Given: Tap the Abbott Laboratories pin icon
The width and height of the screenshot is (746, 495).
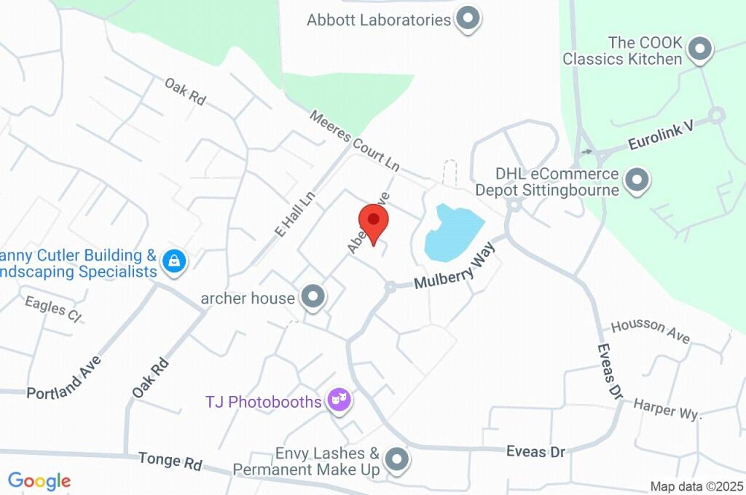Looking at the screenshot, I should coord(468,19).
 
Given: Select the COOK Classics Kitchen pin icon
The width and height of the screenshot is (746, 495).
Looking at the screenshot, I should coord(699,49).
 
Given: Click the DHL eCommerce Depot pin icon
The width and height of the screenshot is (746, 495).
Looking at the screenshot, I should coord(637,181).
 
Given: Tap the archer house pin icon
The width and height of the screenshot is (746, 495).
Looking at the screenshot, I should coord(314,296).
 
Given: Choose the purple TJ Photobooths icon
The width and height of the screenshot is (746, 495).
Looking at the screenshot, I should coord(339,400).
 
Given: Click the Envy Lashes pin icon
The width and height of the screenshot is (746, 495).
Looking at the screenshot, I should coord(396,459).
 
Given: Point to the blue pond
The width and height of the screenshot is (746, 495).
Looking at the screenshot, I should coord(452,231).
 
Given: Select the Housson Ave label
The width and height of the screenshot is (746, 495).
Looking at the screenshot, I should coord(651,330).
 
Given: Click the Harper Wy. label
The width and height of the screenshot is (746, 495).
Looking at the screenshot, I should coord(667,409).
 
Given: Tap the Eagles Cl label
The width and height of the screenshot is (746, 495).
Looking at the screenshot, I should coord(52,309).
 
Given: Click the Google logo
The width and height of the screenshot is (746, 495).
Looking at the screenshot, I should coord(39,480).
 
